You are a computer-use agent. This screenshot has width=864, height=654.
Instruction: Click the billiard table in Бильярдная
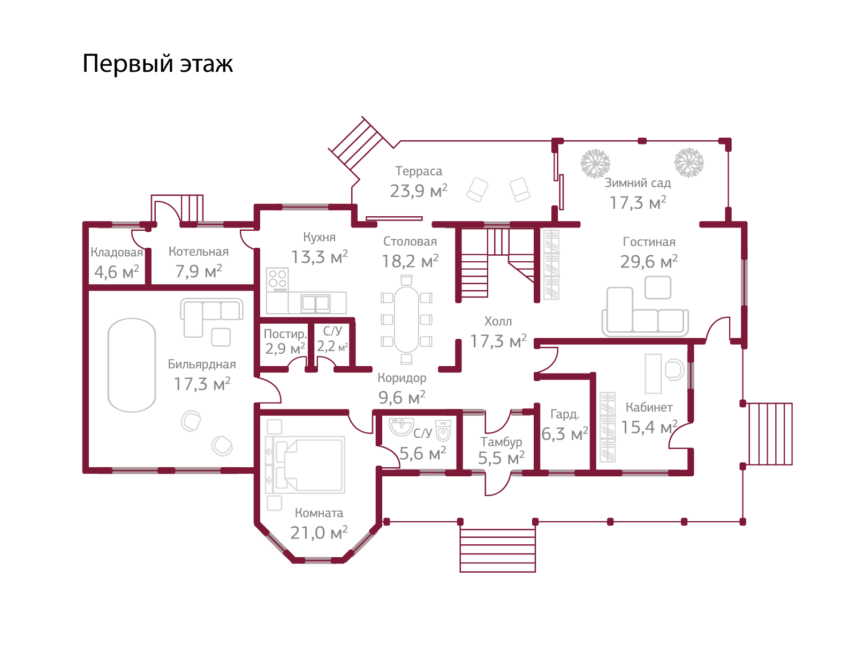coord(132,365)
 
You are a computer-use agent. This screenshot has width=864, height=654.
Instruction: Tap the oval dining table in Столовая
coord(407,319)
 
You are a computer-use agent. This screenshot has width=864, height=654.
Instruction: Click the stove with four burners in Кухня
coord(277,279)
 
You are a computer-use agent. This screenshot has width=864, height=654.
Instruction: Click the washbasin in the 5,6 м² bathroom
coord(400,427)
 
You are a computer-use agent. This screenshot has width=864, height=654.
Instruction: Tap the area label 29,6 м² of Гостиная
coord(649,262)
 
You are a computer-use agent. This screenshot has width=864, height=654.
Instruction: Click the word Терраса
coord(419,171)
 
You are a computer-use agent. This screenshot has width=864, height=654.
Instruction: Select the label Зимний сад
coord(638,183)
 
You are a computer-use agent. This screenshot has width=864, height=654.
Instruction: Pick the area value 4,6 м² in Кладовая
coord(117,272)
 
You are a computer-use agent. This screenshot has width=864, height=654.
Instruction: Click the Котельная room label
coord(199,252)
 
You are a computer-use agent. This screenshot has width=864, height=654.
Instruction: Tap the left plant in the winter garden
coord(595,163)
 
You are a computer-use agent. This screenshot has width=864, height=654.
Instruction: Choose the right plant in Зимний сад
coord(689,162)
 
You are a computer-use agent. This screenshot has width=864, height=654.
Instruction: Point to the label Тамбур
coord(501,442)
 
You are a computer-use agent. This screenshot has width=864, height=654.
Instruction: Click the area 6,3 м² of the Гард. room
coord(565,434)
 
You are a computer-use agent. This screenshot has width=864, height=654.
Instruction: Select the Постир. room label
coord(285,334)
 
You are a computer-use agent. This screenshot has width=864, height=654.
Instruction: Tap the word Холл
coord(498,321)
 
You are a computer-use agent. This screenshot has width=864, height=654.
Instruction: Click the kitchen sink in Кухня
coord(315,303)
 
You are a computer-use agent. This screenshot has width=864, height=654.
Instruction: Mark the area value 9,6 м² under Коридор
coord(402,398)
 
